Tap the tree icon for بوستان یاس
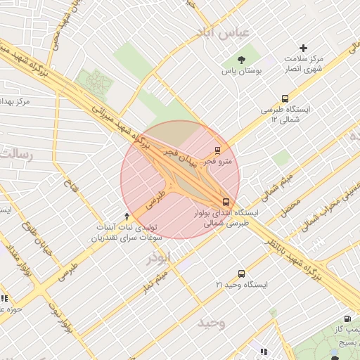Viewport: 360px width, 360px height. click(242, 60)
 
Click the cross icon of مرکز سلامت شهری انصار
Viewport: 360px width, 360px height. click(303, 49)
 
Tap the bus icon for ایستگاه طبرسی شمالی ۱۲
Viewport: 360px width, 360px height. click(285, 99)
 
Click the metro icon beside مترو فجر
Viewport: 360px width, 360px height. click(217, 150)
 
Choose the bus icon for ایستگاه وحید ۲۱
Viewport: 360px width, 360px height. click(242, 274)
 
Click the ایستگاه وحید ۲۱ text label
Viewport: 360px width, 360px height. click(242, 285)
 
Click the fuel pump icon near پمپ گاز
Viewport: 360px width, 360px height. click(347, 320)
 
